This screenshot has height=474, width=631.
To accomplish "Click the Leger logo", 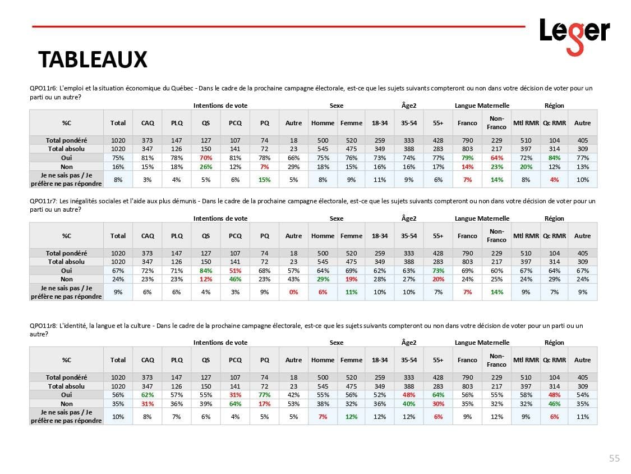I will (x=574, y=35).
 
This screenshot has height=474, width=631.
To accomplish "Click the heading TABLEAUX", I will (x=93, y=59).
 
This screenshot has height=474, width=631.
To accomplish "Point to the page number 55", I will (x=614, y=458).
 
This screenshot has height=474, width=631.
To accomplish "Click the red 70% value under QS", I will (x=206, y=158).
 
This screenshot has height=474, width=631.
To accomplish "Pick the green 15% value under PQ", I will (x=265, y=180).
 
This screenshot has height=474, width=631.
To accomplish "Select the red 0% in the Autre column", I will (x=293, y=292).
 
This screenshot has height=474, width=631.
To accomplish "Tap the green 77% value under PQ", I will (x=265, y=395).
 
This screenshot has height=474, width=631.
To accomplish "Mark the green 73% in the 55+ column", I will (x=438, y=270).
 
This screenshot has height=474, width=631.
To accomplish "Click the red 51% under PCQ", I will (x=235, y=270).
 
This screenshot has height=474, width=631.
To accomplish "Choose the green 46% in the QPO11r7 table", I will (x=235, y=279).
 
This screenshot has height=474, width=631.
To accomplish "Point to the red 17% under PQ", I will (x=265, y=404).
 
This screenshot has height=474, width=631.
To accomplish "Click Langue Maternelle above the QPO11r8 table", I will (x=482, y=343).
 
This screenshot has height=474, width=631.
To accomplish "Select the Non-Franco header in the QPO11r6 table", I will (x=496, y=123).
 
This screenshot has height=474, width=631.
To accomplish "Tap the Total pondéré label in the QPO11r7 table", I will (x=67, y=253).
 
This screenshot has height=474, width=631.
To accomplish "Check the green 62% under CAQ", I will (x=148, y=395).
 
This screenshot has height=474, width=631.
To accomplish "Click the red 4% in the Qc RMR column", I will (x=554, y=180).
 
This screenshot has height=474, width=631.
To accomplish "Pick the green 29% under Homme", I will (x=323, y=279).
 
